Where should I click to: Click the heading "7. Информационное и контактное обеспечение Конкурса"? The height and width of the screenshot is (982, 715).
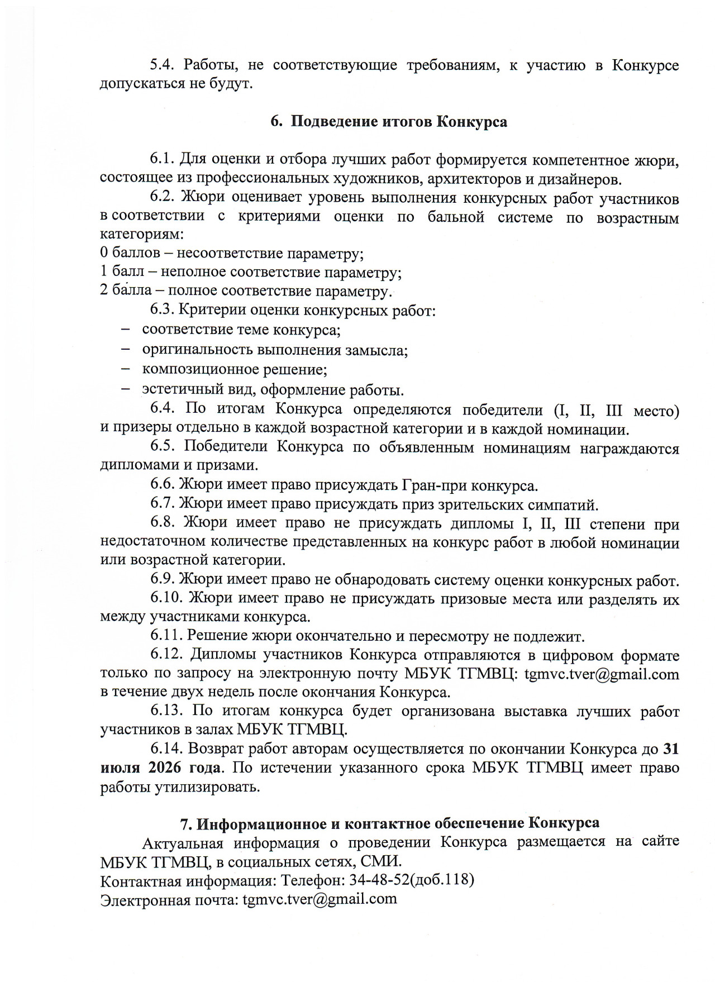389,823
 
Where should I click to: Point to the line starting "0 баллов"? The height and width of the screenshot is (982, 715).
232,254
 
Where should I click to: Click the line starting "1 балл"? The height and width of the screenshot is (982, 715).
251,273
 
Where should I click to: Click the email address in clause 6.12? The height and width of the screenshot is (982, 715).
602,674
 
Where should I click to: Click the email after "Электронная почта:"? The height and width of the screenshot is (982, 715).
320,899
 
